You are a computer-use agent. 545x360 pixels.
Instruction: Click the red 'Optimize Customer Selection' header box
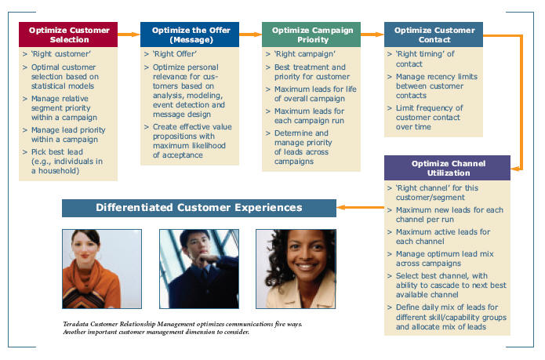pyautogui.click(x=68, y=35)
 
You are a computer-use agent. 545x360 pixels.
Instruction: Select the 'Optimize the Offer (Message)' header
pyautogui.click(x=190, y=35)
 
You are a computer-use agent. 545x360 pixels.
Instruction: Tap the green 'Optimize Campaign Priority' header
pyautogui.click(x=311, y=35)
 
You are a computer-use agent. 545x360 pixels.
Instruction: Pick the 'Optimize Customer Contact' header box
pyautogui.click(x=434, y=35)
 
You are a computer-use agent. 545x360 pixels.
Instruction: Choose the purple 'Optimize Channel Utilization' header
pyautogui.click(x=447, y=168)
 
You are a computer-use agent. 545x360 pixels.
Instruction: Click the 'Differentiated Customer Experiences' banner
pyautogui.click(x=199, y=208)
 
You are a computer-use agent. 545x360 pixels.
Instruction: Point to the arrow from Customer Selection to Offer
pyautogui.click(x=129, y=34)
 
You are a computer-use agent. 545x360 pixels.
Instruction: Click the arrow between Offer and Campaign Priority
pyautogui.click(x=251, y=34)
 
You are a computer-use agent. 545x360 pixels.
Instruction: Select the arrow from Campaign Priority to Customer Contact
pyautogui.click(x=372, y=34)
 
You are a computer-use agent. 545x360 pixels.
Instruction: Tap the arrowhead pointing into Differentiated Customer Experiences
pyautogui.click(x=340, y=208)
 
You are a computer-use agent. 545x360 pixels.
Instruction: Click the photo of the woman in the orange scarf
pyautogui.click(x=102, y=268)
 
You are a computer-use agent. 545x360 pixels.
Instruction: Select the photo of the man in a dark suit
pyautogui.click(x=199, y=268)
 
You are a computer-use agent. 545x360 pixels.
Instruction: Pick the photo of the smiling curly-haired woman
pyautogui.click(x=296, y=268)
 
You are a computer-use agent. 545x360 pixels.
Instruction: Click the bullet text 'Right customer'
pyautogui.click(x=61, y=54)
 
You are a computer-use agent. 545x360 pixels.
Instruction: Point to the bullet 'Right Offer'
pyautogui.click(x=175, y=54)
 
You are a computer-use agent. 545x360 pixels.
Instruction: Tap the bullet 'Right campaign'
pyautogui.click(x=305, y=54)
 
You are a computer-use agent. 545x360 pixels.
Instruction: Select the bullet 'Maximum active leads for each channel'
pyautogui.click(x=443, y=236)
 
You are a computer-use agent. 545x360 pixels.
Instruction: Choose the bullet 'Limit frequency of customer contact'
pyautogui.click(x=429, y=113)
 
